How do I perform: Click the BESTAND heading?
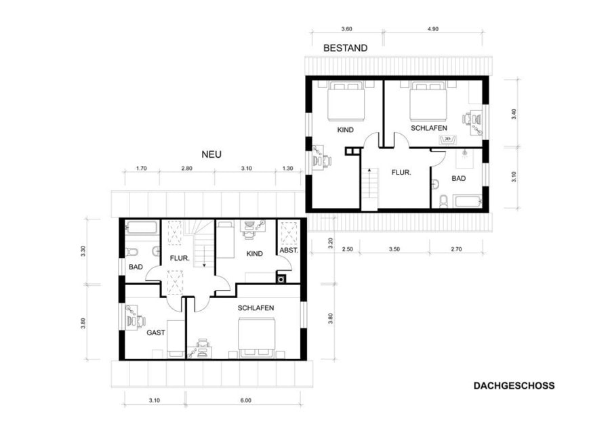point(346,48)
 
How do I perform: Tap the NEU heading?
point(211,154)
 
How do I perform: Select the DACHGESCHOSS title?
point(514,386)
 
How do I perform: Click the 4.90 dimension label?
point(433,28)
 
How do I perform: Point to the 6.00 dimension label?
point(245,400)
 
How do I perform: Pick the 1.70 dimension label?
point(141,169)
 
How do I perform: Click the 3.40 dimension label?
point(514,114)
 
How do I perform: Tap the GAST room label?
point(156,332)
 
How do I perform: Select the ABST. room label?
point(289,251)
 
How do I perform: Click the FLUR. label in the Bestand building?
point(401,172)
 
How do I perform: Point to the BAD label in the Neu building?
point(136,267)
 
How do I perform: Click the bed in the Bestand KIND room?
point(346,101)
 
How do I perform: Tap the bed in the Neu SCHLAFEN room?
point(257,337)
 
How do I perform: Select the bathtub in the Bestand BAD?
point(467,202)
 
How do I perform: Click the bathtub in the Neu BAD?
point(142,228)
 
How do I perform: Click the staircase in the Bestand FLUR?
point(369,188)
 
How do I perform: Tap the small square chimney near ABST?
point(281,279)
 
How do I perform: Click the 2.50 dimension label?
point(347,249)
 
